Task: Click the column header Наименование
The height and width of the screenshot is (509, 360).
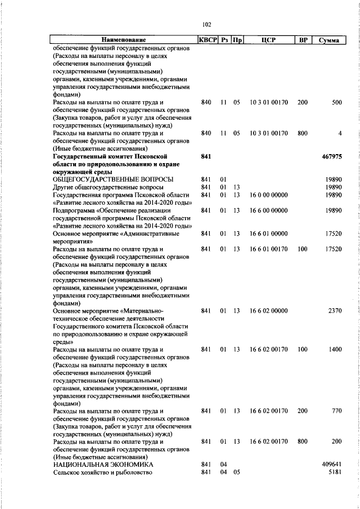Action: tap(124, 40)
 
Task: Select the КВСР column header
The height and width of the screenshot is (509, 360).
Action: tap(208, 40)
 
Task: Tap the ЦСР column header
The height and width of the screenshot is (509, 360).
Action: tap(268, 40)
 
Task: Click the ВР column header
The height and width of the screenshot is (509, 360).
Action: tap(303, 40)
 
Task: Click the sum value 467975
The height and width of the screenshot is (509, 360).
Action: tap(331, 155)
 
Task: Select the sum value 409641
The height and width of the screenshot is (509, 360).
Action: tap(331, 464)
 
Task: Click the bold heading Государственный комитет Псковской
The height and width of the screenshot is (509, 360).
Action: tap(110, 155)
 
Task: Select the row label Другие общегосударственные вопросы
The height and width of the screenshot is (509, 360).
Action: tap(108, 187)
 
